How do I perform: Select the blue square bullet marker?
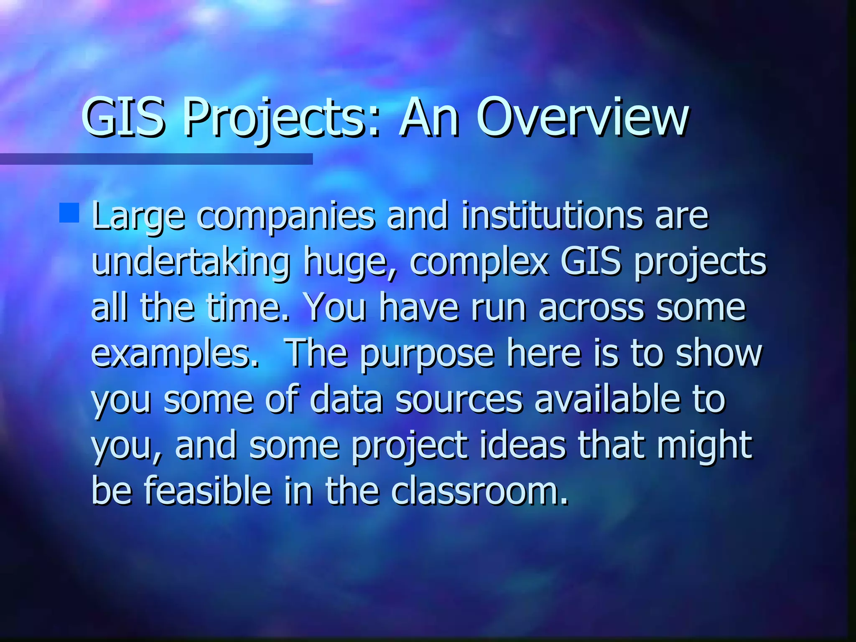point(69,213)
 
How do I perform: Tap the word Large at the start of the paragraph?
point(138,216)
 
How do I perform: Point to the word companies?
point(286,216)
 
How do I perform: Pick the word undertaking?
point(191,262)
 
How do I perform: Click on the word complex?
point(479,262)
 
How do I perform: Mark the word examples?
point(175,354)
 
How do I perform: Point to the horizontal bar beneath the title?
point(156,159)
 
